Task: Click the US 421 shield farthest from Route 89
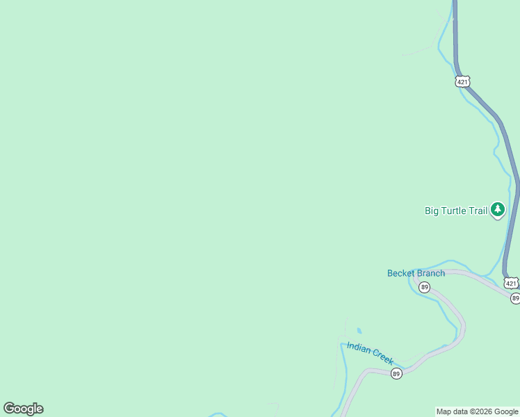tap(463, 82)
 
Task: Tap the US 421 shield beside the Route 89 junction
tap(511, 283)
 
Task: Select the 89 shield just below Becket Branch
tap(424, 287)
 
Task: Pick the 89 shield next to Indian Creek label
tap(396, 374)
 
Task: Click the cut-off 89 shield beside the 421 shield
tap(515, 298)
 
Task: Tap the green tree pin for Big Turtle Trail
tap(497, 209)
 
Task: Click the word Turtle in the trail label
tap(455, 211)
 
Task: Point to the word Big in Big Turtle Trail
tap(432, 211)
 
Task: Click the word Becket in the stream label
tap(401, 273)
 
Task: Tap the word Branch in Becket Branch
tap(431, 273)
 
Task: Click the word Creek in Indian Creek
tap(383, 357)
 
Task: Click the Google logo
tap(23, 409)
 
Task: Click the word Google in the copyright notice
tap(507, 412)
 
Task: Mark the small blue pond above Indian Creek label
tap(359, 331)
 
